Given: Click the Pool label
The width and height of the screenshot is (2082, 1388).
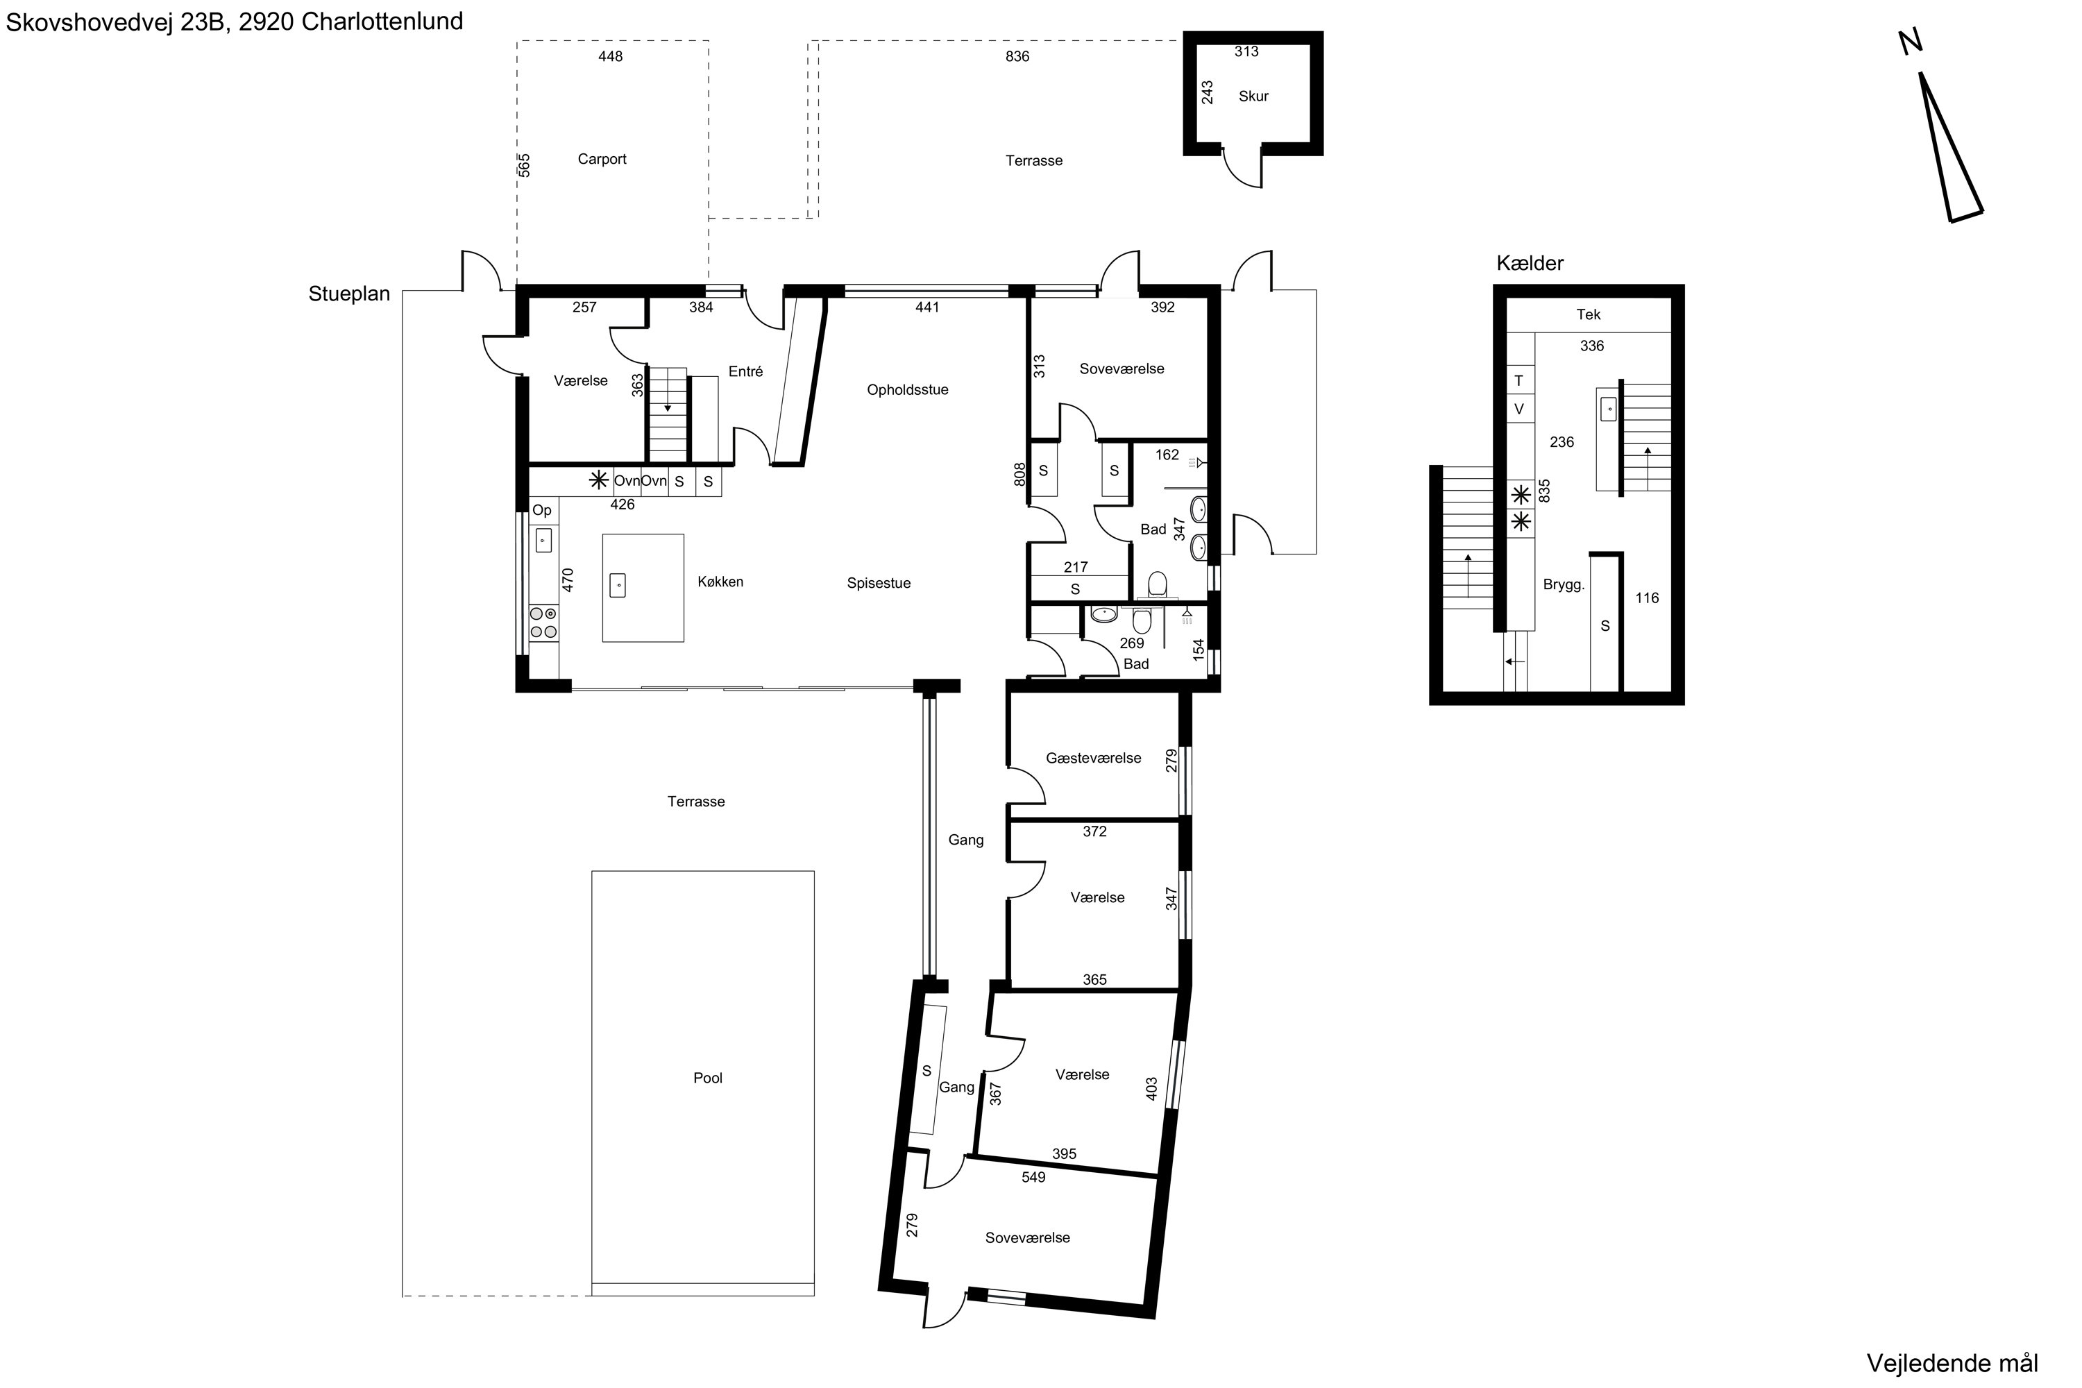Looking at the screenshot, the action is coord(707,1077).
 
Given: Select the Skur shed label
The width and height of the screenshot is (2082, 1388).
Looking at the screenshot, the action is coord(1253,96).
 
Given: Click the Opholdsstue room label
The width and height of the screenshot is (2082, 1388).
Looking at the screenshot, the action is coord(907,389).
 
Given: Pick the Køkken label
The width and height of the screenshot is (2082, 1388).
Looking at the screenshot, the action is coord(720,582).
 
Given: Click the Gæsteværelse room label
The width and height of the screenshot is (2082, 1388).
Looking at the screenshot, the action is coord(1093,758).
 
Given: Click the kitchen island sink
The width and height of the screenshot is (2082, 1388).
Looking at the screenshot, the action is coord(618,585).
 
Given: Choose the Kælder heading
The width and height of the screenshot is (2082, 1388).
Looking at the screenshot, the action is coord(1530,263).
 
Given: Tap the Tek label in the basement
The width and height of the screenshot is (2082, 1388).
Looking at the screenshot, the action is coord(1588,314).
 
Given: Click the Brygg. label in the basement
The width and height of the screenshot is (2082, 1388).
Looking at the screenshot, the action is coord(1564,585).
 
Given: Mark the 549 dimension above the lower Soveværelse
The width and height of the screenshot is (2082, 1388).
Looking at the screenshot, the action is coord(1033,1177).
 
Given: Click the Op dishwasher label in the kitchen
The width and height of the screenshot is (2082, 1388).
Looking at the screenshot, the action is coord(542,511).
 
